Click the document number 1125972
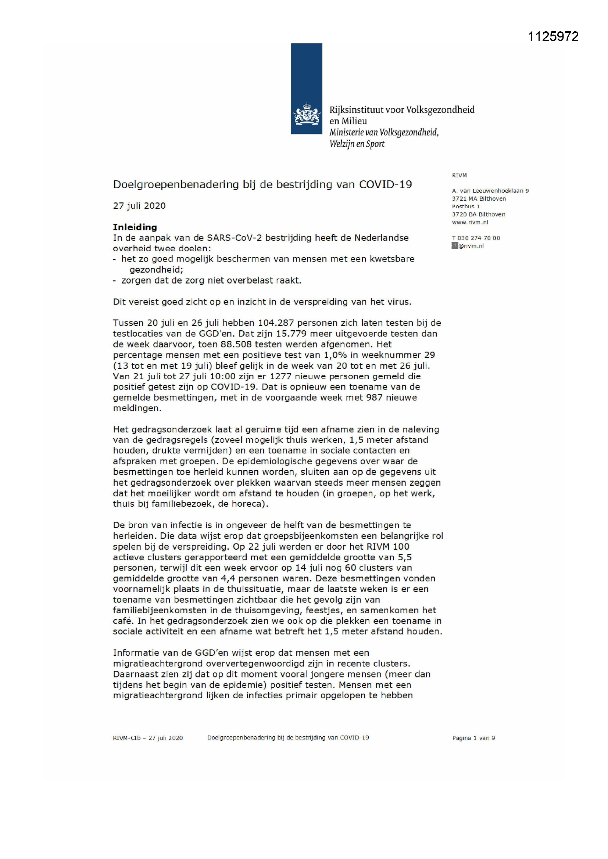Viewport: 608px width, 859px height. [553, 36]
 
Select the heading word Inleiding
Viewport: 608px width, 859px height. [135, 227]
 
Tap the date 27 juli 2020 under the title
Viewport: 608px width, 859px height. [139, 206]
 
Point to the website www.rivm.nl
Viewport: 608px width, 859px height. [470, 222]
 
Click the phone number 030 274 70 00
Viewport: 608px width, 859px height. [479, 238]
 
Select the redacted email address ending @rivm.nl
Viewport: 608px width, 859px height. [468, 246]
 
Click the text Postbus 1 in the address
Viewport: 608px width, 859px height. [466, 206]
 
